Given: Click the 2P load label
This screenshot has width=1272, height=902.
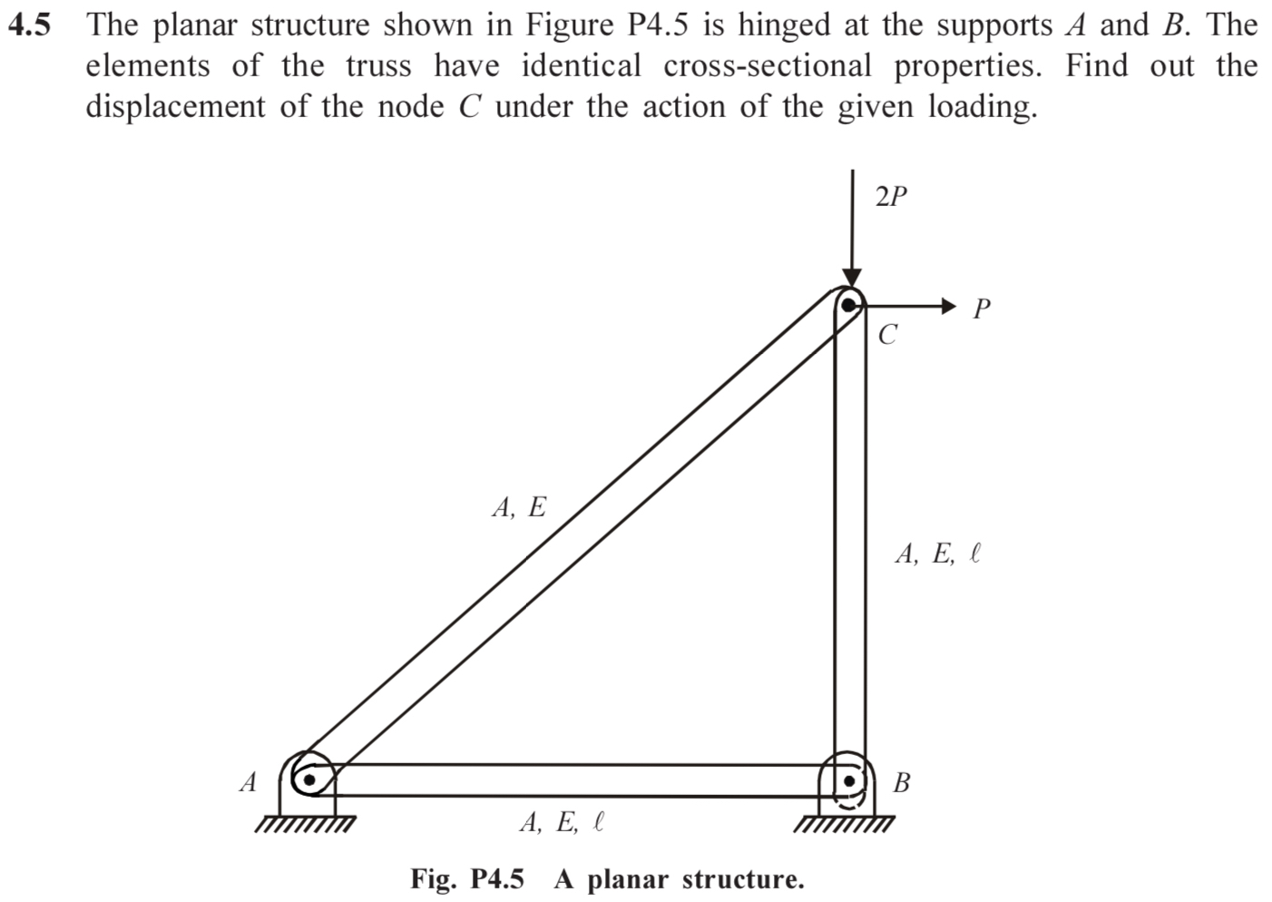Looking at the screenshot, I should [x=891, y=196].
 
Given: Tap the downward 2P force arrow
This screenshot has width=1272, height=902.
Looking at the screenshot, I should [x=852, y=227].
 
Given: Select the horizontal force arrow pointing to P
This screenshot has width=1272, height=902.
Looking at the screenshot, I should [x=907, y=307].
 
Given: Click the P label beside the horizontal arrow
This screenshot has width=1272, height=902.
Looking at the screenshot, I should [x=981, y=309].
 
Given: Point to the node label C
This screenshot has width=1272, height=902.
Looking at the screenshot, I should [x=887, y=335].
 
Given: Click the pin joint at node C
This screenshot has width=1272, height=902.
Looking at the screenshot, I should [x=849, y=306].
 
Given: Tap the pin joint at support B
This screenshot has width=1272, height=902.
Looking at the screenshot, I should [x=850, y=779].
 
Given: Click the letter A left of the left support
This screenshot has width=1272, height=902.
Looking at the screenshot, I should [x=248, y=781].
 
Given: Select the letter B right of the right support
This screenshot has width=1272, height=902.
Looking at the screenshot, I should [x=901, y=782].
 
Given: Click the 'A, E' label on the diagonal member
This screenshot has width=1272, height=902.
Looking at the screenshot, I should [x=519, y=507].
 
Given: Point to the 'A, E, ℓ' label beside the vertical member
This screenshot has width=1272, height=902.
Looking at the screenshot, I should [x=937, y=554].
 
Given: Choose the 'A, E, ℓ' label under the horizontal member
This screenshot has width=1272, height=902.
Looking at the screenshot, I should [x=562, y=822].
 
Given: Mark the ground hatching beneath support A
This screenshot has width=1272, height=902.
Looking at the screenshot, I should [x=305, y=826].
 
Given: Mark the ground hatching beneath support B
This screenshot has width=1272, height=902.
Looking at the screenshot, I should [x=844, y=826].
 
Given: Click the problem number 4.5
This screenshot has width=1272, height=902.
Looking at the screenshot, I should [x=30, y=25].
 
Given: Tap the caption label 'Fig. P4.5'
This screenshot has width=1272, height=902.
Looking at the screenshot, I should [x=467, y=879].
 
